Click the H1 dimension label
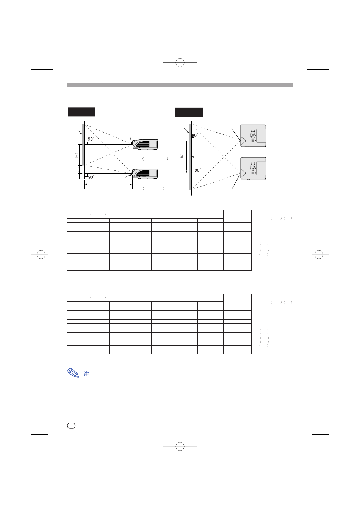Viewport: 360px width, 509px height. click(77, 155)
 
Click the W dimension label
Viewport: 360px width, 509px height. click(182, 156)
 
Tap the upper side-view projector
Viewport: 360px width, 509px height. click(145, 144)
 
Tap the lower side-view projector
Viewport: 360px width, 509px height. click(145, 173)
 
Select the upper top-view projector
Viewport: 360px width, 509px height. click(253, 136)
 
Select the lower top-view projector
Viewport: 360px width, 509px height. click(253, 168)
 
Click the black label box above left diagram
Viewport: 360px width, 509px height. click(81, 112)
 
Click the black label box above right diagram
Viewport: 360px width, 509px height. click(189, 112)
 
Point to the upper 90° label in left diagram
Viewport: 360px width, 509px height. click(91, 139)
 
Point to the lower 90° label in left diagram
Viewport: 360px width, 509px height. click(91, 177)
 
